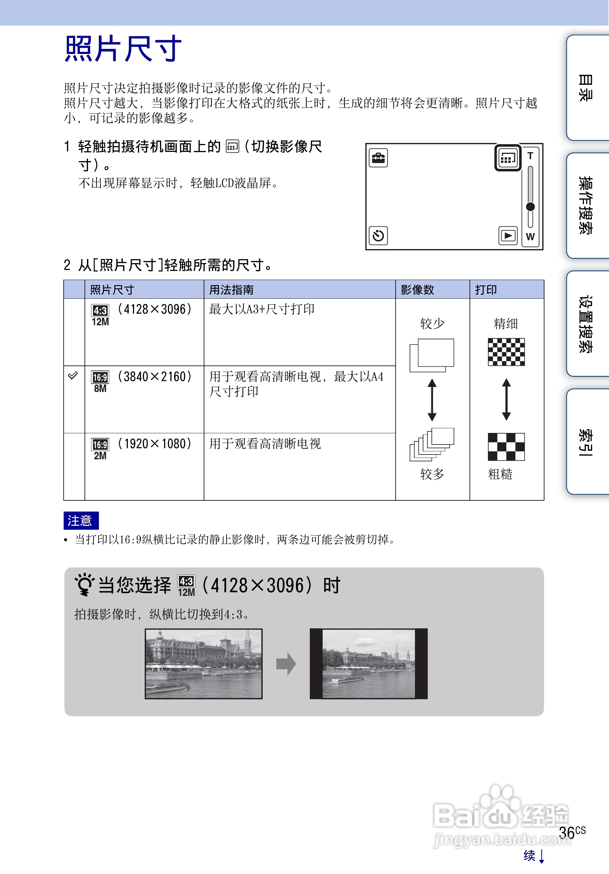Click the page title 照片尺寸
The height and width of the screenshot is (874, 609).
tap(123, 49)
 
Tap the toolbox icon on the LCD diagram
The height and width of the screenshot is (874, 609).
tap(378, 158)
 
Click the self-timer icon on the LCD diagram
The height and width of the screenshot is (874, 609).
tap(378, 236)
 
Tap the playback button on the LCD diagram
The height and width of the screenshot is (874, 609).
tap(508, 236)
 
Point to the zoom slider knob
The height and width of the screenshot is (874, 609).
tap(530, 207)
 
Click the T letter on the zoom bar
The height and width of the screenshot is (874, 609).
tap(530, 156)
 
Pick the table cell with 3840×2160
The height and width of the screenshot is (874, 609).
tap(154, 377)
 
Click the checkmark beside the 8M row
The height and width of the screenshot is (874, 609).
tap(73, 376)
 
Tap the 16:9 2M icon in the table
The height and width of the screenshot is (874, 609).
tap(100, 449)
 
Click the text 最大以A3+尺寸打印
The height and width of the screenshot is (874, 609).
tap(262, 309)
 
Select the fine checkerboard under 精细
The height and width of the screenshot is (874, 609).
tap(506, 352)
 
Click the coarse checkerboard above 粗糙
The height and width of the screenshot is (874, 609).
tap(506, 446)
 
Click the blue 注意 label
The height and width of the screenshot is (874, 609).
tap(80, 520)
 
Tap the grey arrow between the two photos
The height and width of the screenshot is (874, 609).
tap(286, 664)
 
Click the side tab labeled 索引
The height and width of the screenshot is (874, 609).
tap(586, 442)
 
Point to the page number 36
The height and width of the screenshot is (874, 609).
tap(567, 833)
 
